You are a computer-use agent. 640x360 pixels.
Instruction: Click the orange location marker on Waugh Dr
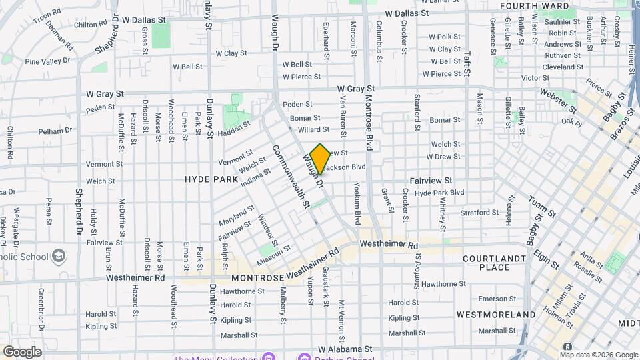320,159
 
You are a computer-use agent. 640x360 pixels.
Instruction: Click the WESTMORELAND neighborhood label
496,314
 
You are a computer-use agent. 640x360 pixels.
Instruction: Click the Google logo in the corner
22,351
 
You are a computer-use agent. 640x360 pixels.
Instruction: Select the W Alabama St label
345,349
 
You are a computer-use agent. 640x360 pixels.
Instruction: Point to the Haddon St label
237,127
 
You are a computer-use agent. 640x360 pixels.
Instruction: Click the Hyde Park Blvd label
439,193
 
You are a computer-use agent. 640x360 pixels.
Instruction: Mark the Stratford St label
479,213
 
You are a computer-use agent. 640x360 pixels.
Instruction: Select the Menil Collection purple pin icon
269,357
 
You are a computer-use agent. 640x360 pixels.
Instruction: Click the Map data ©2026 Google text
597,355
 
